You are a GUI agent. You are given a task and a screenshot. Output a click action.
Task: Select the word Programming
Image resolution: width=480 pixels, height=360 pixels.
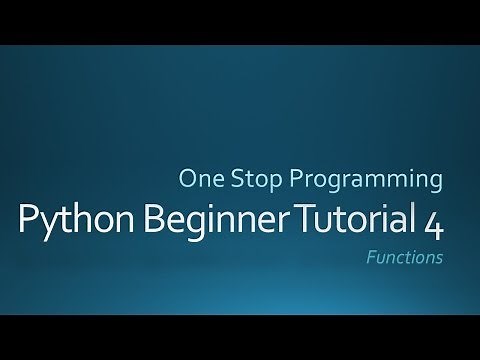click(x=358, y=182)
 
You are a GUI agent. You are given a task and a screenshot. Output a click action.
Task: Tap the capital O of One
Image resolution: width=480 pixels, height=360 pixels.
click(x=186, y=180)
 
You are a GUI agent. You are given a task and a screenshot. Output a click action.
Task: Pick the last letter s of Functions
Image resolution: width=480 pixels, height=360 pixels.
click(x=438, y=257)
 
